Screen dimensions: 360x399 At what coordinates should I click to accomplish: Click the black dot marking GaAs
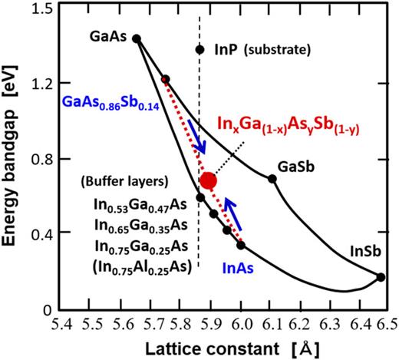137,38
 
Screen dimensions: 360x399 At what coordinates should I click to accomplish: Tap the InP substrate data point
200,50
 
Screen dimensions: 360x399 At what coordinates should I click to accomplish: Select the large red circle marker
208,180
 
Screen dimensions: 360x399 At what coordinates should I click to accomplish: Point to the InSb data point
381,277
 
